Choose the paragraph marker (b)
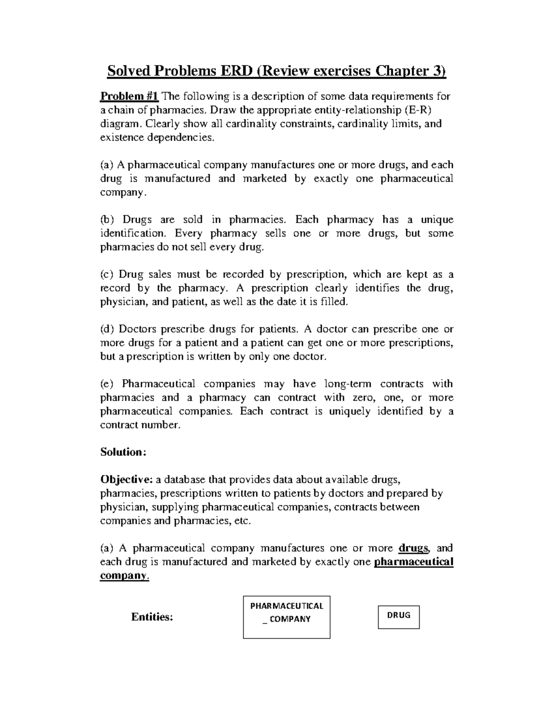pos(109,220)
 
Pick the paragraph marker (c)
pos(108,275)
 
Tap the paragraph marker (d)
pos(109,329)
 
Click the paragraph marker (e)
pos(108,384)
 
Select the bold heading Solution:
pos(123,452)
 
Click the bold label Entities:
pos(152,617)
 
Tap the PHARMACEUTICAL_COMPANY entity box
pos(287,617)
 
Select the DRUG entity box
pos(398,617)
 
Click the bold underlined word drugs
pos(413,548)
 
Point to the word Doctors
pos(137,329)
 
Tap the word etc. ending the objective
pos(244,521)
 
